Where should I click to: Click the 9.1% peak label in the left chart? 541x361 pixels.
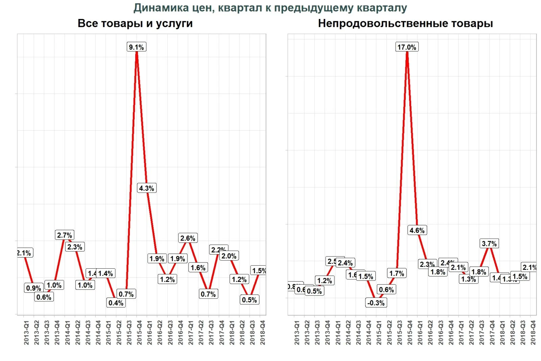136,47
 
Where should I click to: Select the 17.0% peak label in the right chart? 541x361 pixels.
407,47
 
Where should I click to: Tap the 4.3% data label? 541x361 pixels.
147,188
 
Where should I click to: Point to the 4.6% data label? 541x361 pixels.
417,230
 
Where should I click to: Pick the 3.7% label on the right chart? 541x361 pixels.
489,244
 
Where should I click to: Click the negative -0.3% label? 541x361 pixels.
376,303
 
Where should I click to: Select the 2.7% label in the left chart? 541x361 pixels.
65,235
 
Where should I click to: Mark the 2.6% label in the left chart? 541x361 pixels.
188,238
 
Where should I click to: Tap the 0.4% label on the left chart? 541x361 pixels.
116,303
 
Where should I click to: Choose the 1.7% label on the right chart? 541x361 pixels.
397,273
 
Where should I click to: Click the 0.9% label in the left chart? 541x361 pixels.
34,288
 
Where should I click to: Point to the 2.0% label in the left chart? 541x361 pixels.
229,256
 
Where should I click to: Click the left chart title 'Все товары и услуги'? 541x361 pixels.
135,23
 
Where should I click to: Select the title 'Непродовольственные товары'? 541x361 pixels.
405,23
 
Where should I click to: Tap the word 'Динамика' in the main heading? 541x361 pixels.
161,7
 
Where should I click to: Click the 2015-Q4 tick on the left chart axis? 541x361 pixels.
139,333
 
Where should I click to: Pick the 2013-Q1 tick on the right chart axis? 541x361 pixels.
297,333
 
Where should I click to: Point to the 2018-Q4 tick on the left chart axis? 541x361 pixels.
262,333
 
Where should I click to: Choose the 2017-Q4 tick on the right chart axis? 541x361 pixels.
492,333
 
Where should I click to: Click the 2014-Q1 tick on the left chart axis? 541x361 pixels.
67,333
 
